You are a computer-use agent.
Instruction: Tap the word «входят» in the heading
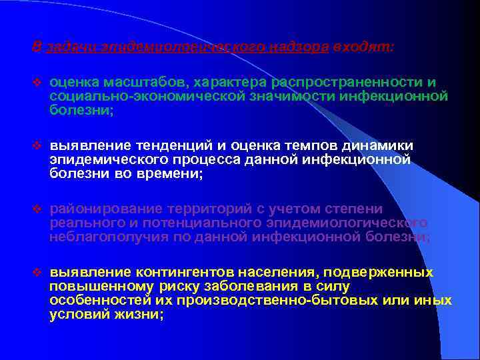pos(364,47)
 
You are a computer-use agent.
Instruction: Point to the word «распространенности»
pos(347,83)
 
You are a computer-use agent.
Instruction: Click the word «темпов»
pos(315,146)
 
